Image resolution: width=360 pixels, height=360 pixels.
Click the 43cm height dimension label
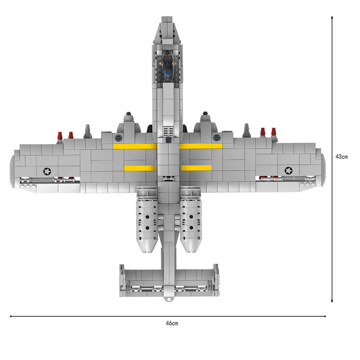click(342, 157)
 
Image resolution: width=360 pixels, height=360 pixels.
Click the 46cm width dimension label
click(172, 323)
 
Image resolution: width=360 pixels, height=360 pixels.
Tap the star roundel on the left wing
click(47, 171)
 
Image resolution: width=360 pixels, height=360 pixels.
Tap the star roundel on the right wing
click(288, 171)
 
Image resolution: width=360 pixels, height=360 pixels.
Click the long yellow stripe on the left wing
click(135, 147)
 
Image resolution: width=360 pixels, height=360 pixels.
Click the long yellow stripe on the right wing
click(201, 146)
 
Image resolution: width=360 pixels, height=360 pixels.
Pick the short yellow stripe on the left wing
click(139, 168)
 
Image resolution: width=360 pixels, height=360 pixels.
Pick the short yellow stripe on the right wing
click(196, 168)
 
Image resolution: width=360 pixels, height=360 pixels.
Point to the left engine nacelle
click(147, 219)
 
